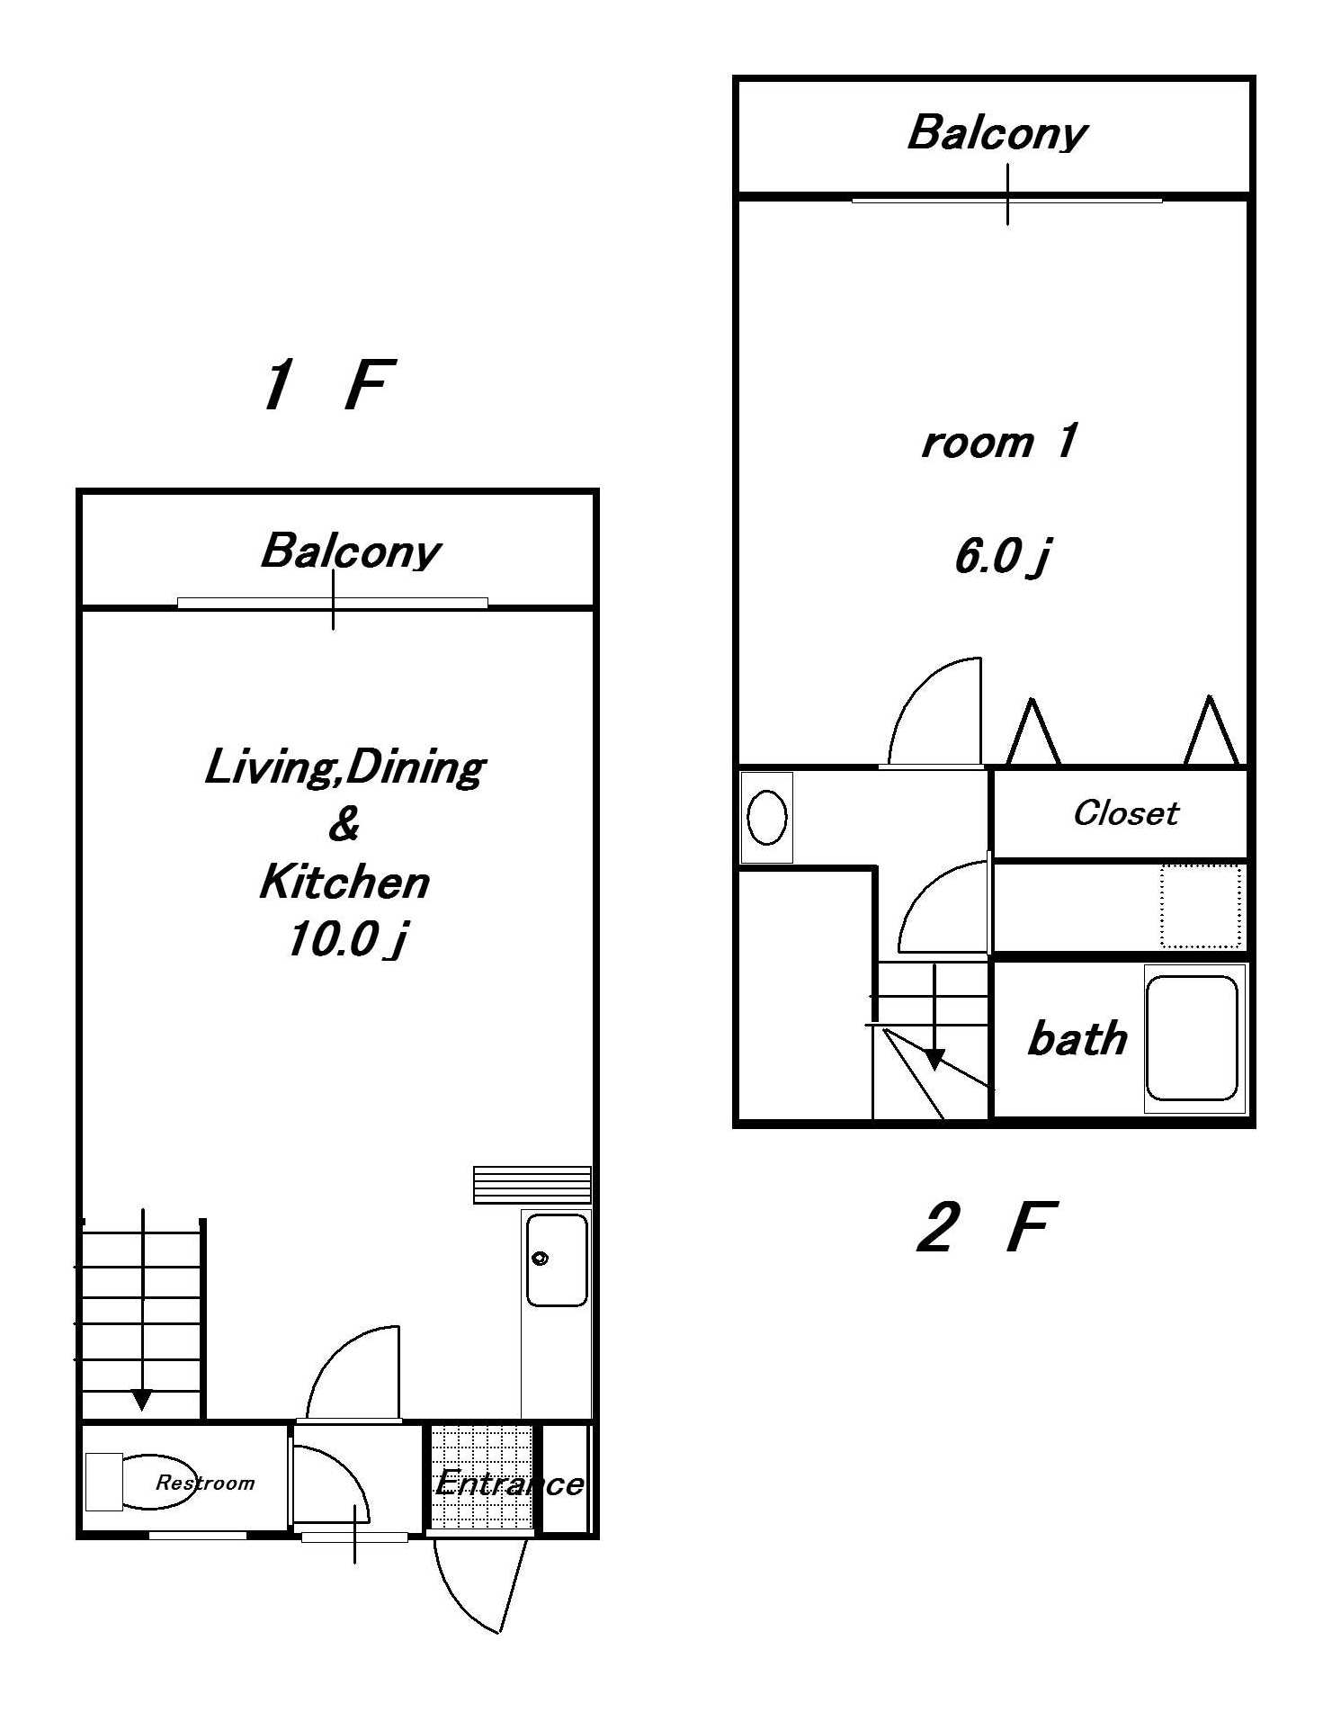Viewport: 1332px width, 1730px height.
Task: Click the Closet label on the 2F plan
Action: (x=1125, y=813)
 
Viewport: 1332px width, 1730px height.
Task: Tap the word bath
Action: (x=1077, y=1039)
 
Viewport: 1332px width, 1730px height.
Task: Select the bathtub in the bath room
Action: (x=1192, y=1038)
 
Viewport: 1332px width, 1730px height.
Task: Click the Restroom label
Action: (x=205, y=1483)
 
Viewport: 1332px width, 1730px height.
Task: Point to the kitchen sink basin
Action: (x=557, y=1259)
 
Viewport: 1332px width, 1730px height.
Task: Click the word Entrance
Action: (x=509, y=1483)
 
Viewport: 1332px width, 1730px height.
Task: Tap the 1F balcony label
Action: (x=350, y=551)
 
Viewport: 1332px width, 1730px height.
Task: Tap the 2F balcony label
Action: (x=997, y=133)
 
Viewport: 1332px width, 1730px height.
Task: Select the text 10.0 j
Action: (x=346, y=940)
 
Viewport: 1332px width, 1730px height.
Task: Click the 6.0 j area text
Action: (x=1002, y=556)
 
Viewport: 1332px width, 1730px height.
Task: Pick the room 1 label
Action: (x=998, y=442)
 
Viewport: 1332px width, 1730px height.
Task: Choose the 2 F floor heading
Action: (x=984, y=1227)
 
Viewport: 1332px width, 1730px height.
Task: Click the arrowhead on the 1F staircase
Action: (x=142, y=1400)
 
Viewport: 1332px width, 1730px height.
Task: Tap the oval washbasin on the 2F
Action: (x=767, y=817)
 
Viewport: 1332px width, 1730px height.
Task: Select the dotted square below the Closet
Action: (x=1201, y=905)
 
